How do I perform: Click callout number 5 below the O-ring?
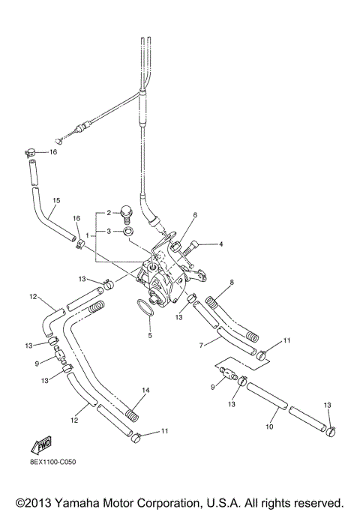[150, 335]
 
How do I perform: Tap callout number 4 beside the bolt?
[220, 244]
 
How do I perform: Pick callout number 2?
[109, 212]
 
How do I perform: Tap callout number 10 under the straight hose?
[268, 427]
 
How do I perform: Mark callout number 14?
[145, 391]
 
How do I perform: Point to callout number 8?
[232, 283]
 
